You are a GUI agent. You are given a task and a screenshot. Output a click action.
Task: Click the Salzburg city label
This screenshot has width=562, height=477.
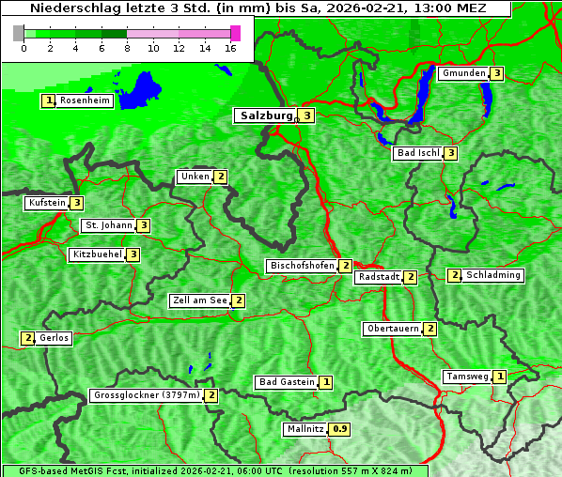263,115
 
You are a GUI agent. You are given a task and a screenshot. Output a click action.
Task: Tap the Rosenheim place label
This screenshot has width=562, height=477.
85,100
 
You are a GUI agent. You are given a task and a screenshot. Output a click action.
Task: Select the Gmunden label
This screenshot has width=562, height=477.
463,73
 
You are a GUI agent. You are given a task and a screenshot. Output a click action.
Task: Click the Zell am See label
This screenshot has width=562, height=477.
200,300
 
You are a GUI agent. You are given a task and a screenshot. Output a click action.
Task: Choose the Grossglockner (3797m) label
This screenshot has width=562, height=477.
147,395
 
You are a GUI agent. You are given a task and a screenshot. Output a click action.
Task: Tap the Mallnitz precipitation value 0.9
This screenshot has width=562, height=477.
339,429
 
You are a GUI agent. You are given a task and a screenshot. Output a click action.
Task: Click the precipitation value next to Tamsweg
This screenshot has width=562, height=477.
500,377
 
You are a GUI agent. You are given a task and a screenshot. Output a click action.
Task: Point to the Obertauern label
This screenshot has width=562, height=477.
393,329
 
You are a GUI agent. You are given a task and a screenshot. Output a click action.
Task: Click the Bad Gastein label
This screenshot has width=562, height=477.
287,382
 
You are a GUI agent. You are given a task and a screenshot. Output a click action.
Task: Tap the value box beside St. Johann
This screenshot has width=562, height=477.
143,225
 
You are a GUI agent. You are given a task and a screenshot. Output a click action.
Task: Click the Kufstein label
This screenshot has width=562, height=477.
47,202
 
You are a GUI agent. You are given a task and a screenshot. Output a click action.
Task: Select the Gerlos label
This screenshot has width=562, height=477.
55,338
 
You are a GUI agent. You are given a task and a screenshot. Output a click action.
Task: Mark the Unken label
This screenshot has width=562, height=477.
195,177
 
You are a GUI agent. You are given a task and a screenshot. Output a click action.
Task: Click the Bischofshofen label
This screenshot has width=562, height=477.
302,266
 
